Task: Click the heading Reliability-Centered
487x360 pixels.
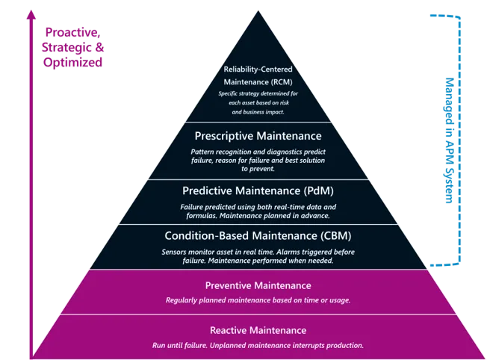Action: (x=258, y=69)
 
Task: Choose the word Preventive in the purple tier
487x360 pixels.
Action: (x=229, y=285)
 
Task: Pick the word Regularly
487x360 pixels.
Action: (x=184, y=300)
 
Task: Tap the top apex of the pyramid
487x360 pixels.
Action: (x=258, y=10)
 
